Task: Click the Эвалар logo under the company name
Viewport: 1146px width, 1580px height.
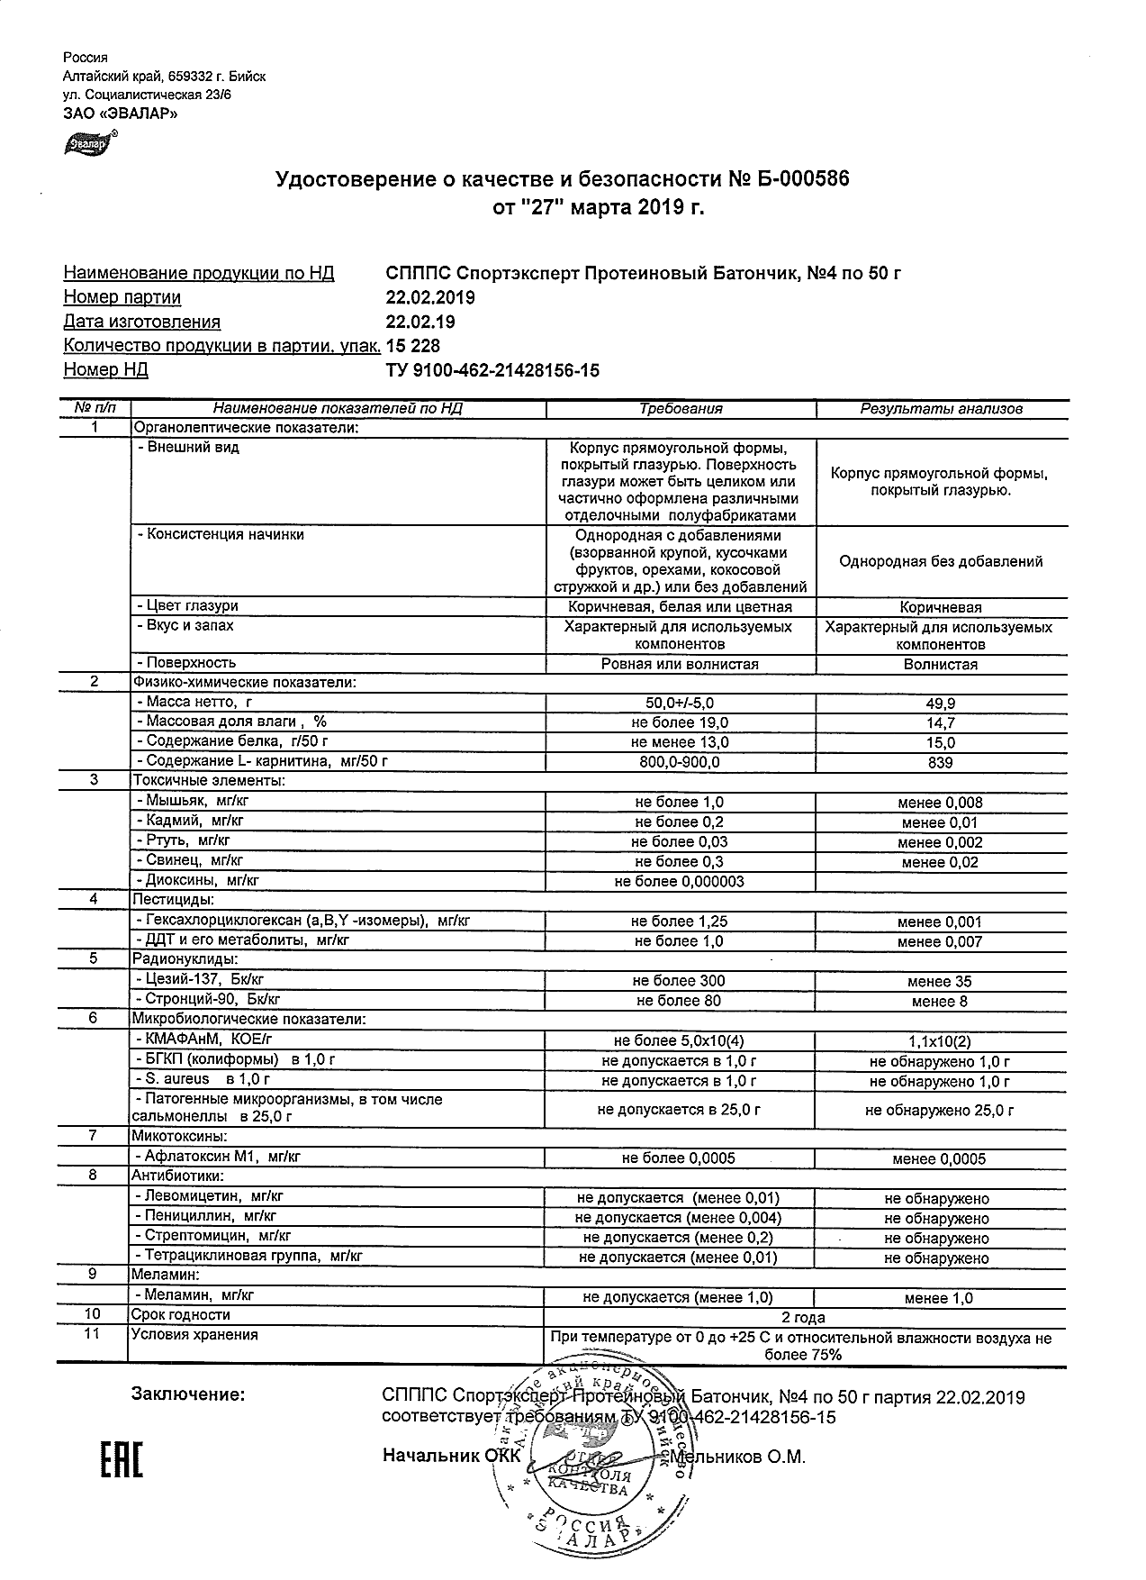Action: point(86,143)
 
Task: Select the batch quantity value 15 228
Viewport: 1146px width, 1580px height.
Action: point(413,346)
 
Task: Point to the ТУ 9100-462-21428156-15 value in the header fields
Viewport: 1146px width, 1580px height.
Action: point(492,370)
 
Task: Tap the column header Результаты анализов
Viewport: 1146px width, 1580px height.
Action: point(941,409)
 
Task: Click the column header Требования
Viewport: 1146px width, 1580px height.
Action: point(681,409)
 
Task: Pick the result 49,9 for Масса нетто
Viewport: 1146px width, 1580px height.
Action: point(941,704)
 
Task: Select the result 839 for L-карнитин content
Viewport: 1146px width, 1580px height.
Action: point(941,762)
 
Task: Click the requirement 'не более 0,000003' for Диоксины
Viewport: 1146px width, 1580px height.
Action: point(680,882)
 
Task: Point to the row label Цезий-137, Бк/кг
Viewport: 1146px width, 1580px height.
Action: point(201,979)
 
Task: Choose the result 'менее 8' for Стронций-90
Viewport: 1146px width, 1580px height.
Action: point(941,1001)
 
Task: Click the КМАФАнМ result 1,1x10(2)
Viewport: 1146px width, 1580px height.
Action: point(941,1041)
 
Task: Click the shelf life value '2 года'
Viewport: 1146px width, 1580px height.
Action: point(805,1316)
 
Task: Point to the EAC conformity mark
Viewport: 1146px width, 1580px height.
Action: point(121,1461)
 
